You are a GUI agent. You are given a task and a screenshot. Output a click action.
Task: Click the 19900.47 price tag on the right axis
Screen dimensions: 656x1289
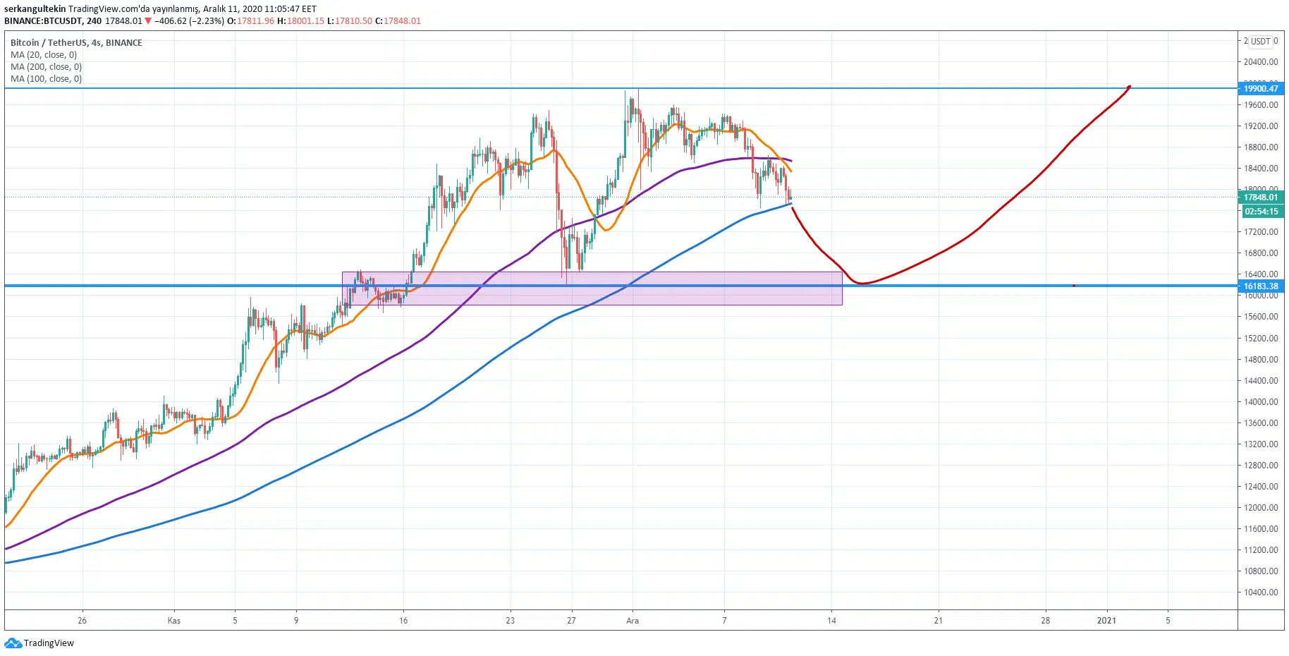[x=1261, y=88]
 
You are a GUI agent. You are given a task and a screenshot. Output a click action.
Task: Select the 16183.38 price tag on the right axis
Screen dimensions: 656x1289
[x=1261, y=286]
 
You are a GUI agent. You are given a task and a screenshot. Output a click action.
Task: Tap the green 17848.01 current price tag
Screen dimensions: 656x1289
[x=1261, y=198]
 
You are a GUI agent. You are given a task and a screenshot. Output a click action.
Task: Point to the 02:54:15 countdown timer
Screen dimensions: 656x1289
[x=1261, y=212]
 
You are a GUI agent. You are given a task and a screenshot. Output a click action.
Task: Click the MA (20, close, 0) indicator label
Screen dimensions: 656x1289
[x=44, y=55]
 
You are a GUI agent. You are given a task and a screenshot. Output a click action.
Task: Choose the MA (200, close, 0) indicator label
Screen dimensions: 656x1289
[x=46, y=67]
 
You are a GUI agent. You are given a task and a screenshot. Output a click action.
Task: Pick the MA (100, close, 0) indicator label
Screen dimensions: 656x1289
[x=46, y=79]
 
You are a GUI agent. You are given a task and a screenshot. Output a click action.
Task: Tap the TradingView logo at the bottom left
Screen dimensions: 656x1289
[x=39, y=643]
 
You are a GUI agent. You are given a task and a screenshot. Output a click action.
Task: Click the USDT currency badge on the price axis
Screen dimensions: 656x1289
[x=1261, y=41]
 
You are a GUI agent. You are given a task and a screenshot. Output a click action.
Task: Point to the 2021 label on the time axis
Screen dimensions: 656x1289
[x=1106, y=621]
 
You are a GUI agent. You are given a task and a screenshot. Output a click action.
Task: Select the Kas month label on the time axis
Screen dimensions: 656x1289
[x=173, y=621]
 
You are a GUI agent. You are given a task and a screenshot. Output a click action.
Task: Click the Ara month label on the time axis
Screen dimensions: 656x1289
[x=633, y=621]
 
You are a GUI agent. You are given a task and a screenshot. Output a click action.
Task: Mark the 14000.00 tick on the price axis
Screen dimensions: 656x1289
[x=1261, y=402]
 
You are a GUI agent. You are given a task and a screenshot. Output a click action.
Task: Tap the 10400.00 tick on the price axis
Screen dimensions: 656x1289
[x=1261, y=593]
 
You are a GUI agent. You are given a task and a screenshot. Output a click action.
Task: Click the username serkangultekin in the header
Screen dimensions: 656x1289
[x=35, y=9]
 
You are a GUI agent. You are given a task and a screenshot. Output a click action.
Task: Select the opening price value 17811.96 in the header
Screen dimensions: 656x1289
[x=255, y=21]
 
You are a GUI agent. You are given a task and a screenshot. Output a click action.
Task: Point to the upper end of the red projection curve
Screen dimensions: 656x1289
[x=1129, y=87]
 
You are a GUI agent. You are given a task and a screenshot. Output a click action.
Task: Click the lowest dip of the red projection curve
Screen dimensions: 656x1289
[x=861, y=284]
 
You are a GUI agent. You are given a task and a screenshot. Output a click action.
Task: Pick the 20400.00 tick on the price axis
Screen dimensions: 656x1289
[x=1261, y=62]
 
